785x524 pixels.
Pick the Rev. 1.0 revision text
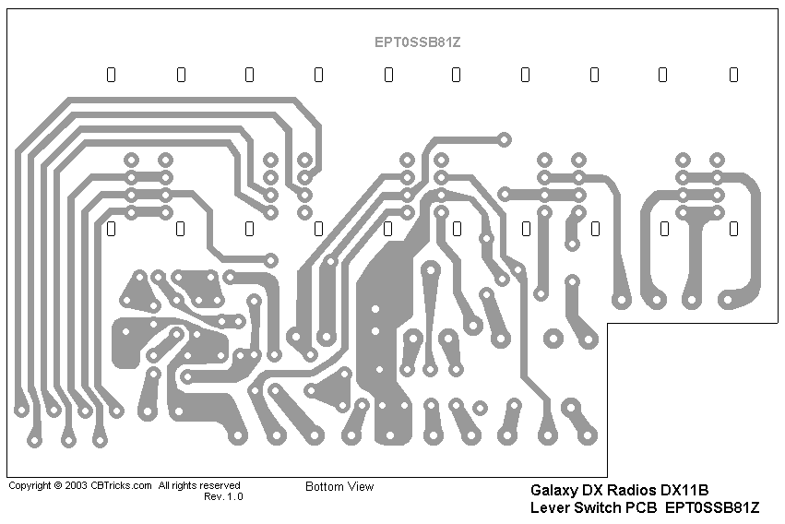pyautogui.click(x=223, y=496)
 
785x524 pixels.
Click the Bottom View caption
pyautogui.click(x=339, y=486)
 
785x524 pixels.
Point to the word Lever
pyautogui.click(x=550, y=507)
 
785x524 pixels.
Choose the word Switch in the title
pyautogui.click(x=597, y=507)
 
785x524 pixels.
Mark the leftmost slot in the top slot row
pyautogui.click(x=112, y=75)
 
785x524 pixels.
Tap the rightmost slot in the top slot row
pyautogui.click(x=733, y=75)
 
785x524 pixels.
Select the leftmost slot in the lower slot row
pyautogui.click(x=112, y=228)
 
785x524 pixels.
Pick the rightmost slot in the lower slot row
pyautogui.click(x=733, y=228)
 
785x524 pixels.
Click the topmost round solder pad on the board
pyautogui.click(x=504, y=139)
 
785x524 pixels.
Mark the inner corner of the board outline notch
pyautogui.click(x=607, y=324)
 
